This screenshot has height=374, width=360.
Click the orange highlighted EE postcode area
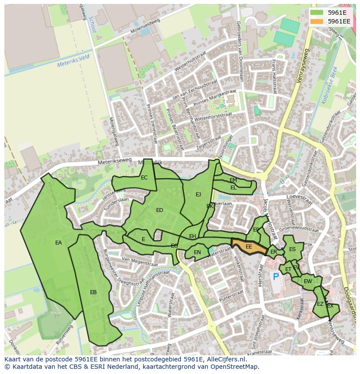pos(249,246)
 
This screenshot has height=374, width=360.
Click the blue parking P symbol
pos(275,276)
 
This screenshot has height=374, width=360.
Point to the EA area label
pos(58,243)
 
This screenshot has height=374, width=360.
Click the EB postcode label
pos(93,292)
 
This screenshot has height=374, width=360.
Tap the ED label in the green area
pos(160,210)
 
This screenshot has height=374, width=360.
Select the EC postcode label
pos(144,177)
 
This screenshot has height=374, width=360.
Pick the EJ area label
pos(198,194)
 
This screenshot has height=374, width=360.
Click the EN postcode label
pos(197,252)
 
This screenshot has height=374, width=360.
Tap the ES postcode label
pos(292,249)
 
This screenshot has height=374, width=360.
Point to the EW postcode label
pos(308,281)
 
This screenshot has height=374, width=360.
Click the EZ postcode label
pos(320,304)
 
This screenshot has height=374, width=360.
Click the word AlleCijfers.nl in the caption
pos(225,359)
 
